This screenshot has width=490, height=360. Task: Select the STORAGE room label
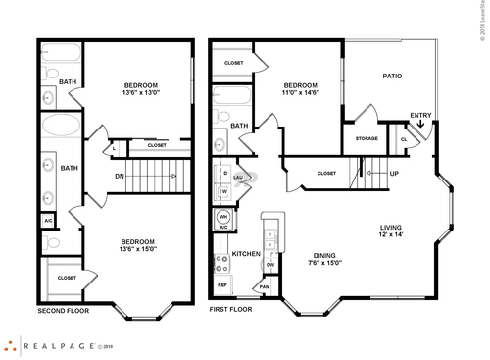pyautogui.click(x=367, y=138)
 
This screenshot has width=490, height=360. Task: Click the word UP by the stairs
pyautogui.click(x=394, y=174)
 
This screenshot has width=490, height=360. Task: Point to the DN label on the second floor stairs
pyautogui.click(x=118, y=177)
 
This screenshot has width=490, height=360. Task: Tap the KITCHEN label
pyautogui.click(x=245, y=254)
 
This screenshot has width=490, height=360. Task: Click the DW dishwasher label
pyautogui.click(x=269, y=265)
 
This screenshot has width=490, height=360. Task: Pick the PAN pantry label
pyautogui.click(x=265, y=286)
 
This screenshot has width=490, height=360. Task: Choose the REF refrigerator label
pyautogui.click(x=222, y=284)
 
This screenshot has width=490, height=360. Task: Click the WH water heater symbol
pyautogui.click(x=222, y=216)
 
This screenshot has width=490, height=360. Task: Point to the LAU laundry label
pyautogui.click(x=237, y=178)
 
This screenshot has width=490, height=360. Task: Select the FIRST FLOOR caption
pyautogui.click(x=230, y=310)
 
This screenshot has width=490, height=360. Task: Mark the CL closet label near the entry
pyautogui.click(x=404, y=139)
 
